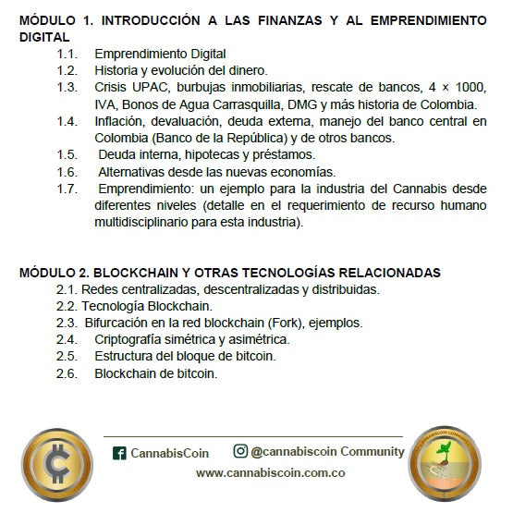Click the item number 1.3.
pos(67,87)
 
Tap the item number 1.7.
pos(67,189)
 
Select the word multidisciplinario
pos(146,222)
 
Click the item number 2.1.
pos(67,289)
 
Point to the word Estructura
pos(126,356)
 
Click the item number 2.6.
pos(67,373)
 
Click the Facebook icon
pos(119,453)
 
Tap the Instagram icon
pos(240,451)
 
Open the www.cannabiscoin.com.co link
pos(270,472)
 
